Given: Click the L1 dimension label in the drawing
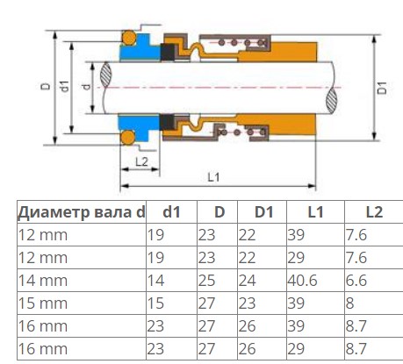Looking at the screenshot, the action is [x=213, y=177].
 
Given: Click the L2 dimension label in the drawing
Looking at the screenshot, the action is [x=141, y=161].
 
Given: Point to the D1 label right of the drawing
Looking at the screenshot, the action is [x=382, y=88].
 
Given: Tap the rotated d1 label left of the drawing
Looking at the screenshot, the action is [x=65, y=87].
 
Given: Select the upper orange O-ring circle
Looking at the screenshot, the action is [x=129, y=38].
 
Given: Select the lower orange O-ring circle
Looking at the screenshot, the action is [x=128, y=138].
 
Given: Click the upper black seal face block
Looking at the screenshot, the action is [x=168, y=53].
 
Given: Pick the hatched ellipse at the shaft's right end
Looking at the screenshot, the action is [x=332, y=101].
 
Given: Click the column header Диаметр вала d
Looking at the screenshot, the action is [x=82, y=212].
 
